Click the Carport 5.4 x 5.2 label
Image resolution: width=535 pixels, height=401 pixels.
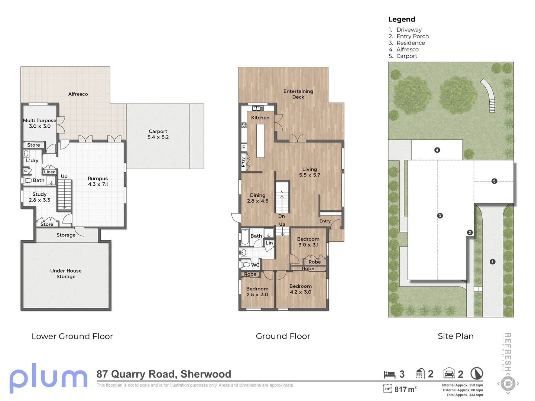tap(158, 134)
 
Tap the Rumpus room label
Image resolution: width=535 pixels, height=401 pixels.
tap(98, 181)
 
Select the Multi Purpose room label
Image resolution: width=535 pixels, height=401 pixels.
tap(39, 123)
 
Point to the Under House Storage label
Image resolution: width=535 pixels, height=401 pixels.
tap(66, 273)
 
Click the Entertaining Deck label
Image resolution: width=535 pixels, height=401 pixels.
tap(298, 94)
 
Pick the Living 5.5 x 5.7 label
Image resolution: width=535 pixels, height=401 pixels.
tap(309, 172)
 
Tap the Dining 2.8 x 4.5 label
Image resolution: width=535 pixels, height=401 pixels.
tap(257, 198)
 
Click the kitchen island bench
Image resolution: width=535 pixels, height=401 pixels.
tap(260, 141)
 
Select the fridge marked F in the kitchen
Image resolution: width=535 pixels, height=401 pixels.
tap(244, 147)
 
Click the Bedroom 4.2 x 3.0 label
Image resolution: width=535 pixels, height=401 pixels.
tap(301, 289)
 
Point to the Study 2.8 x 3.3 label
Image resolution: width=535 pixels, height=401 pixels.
tap(39, 197)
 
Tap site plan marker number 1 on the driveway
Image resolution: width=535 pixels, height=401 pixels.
tap(492, 262)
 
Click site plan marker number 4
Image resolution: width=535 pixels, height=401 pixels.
tap(437, 150)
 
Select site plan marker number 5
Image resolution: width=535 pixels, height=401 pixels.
tap(494, 181)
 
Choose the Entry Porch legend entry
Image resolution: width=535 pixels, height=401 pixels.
tap(409, 36)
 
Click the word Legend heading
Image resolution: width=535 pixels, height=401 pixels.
tap(402, 19)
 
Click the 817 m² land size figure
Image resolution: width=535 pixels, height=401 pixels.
tap(405, 389)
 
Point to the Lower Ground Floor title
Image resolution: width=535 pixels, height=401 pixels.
tap(72, 336)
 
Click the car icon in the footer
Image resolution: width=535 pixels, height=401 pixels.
tap(449, 373)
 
